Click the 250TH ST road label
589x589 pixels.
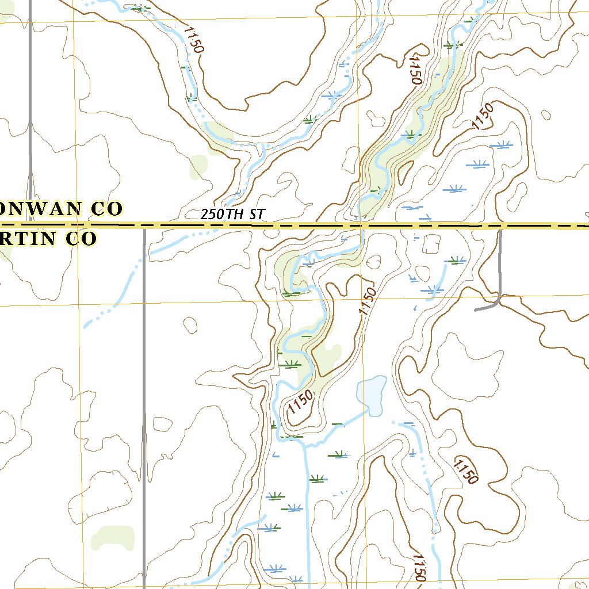pos(232,214)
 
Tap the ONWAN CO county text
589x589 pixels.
pos(61,209)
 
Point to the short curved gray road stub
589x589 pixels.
pos(488,307)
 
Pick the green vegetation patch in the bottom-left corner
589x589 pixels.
pos(113,538)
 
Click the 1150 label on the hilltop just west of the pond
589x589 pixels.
pos(300,402)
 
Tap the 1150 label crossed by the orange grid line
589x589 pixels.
pos(368,301)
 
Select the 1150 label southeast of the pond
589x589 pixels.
pos(465,471)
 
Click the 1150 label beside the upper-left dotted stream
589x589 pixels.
pos(193,39)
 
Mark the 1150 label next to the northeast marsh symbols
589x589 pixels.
pos(483,116)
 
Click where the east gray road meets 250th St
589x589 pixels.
pos(500,227)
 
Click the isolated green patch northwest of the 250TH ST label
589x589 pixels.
pos(198,166)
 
